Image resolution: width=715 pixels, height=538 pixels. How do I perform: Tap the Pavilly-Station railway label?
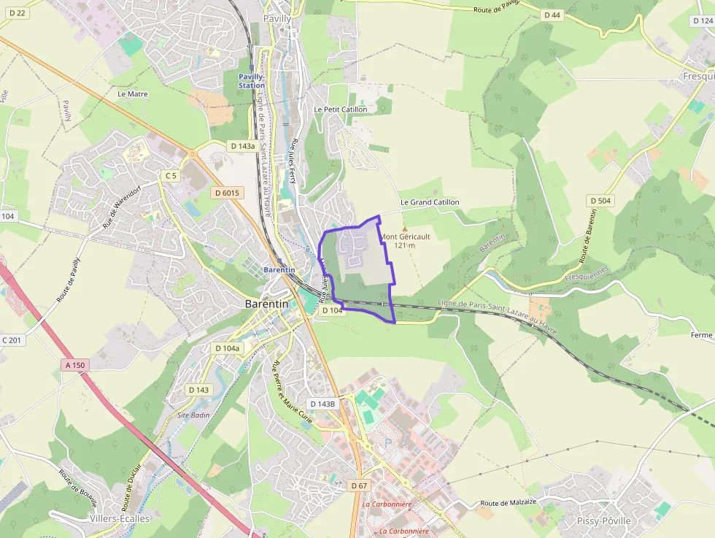[252, 81]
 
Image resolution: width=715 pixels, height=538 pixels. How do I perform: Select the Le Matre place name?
[132, 94]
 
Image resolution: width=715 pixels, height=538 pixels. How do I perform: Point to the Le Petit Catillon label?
[340, 109]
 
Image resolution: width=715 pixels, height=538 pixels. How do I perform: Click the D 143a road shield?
[243, 146]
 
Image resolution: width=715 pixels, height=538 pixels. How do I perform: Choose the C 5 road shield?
[171, 175]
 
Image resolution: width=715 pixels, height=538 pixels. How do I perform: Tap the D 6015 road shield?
[228, 193]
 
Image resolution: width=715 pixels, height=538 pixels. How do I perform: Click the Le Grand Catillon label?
[430, 202]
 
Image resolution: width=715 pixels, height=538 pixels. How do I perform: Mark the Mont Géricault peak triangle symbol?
[404, 228]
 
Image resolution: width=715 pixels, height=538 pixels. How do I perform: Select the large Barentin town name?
[266, 304]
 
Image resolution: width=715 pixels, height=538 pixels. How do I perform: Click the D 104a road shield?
[227, 348]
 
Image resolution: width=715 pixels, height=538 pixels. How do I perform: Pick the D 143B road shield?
[322, 404]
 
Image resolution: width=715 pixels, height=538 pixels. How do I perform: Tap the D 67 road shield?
[358, 485]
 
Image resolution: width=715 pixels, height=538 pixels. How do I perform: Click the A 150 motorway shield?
[74, 365]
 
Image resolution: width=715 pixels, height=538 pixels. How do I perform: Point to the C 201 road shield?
[12, 340]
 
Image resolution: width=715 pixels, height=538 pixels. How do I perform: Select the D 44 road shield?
[552, 15]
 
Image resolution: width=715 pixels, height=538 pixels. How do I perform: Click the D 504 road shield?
[599, 200]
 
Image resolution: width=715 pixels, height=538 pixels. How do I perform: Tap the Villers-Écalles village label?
[119, 519]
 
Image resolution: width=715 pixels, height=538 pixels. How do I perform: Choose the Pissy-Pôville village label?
[603, 521]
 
